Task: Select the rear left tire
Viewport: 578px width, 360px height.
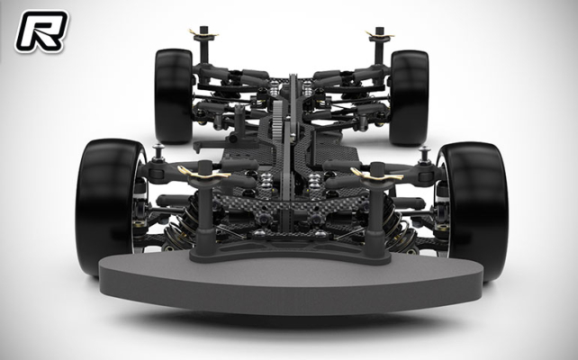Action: pos(172,94)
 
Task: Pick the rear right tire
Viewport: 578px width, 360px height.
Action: pos(409,94)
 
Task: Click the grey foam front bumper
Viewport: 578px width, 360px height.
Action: pos(288,279)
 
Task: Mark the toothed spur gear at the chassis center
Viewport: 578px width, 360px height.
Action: pos(291,117)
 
